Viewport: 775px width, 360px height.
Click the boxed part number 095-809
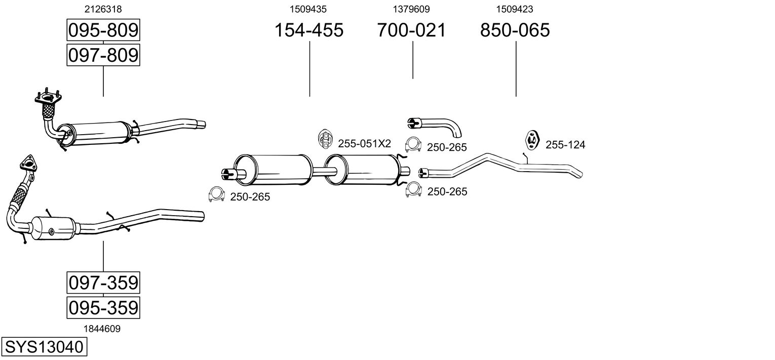point(103,31)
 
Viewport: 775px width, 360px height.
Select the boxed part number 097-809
point(103,55)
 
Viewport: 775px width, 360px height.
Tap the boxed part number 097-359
point(103,283)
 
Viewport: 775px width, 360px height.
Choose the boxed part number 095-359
point(103,307)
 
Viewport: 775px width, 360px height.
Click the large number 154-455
point(308,30)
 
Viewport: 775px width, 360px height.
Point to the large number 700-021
point(411,30)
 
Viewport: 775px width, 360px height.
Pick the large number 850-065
point(515,30)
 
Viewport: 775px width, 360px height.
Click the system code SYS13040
point(43,347)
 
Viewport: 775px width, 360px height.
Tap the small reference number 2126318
point(103,9)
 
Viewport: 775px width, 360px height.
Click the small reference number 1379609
point(411,9)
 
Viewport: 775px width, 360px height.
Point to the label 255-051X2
point(364,144)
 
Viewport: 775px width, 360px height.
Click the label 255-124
point(565,145)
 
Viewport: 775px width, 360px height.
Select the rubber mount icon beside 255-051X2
point(325,140)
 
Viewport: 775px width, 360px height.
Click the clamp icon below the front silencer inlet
point(217,194)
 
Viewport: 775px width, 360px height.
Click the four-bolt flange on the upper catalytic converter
point(48,97)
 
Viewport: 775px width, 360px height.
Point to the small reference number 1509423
point(515,9)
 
